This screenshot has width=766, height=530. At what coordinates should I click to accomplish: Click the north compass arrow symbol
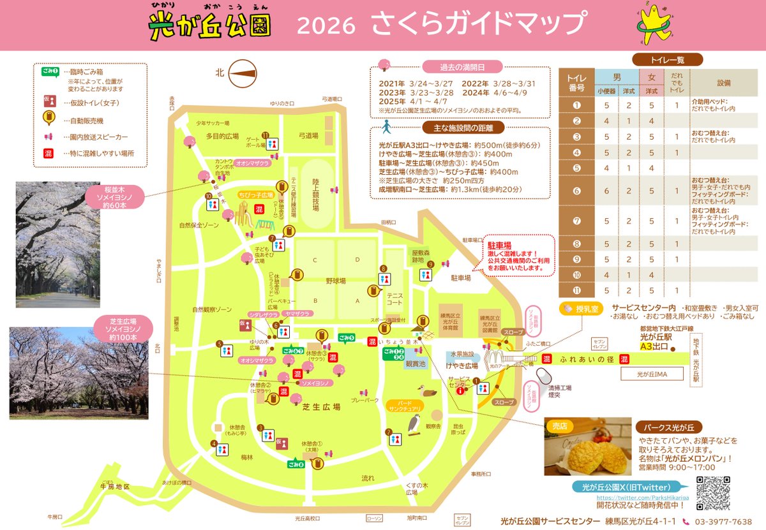(243, 73)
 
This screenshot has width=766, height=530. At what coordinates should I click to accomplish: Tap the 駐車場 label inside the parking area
(460, 278)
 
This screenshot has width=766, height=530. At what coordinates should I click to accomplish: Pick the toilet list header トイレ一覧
(667, 60)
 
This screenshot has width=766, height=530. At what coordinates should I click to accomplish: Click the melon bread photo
(587, 446)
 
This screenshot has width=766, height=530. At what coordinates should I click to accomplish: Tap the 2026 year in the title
(326, 26)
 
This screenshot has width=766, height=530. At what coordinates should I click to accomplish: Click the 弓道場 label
(308, 135)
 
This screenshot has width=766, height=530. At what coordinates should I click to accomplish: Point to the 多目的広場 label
(222, 136)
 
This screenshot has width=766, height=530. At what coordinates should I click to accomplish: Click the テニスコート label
(394, 299)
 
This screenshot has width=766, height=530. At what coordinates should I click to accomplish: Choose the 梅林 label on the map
(247, 457)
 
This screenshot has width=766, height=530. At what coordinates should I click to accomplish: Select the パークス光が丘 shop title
(668, 427)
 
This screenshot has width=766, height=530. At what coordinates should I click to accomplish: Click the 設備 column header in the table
(723, 83)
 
